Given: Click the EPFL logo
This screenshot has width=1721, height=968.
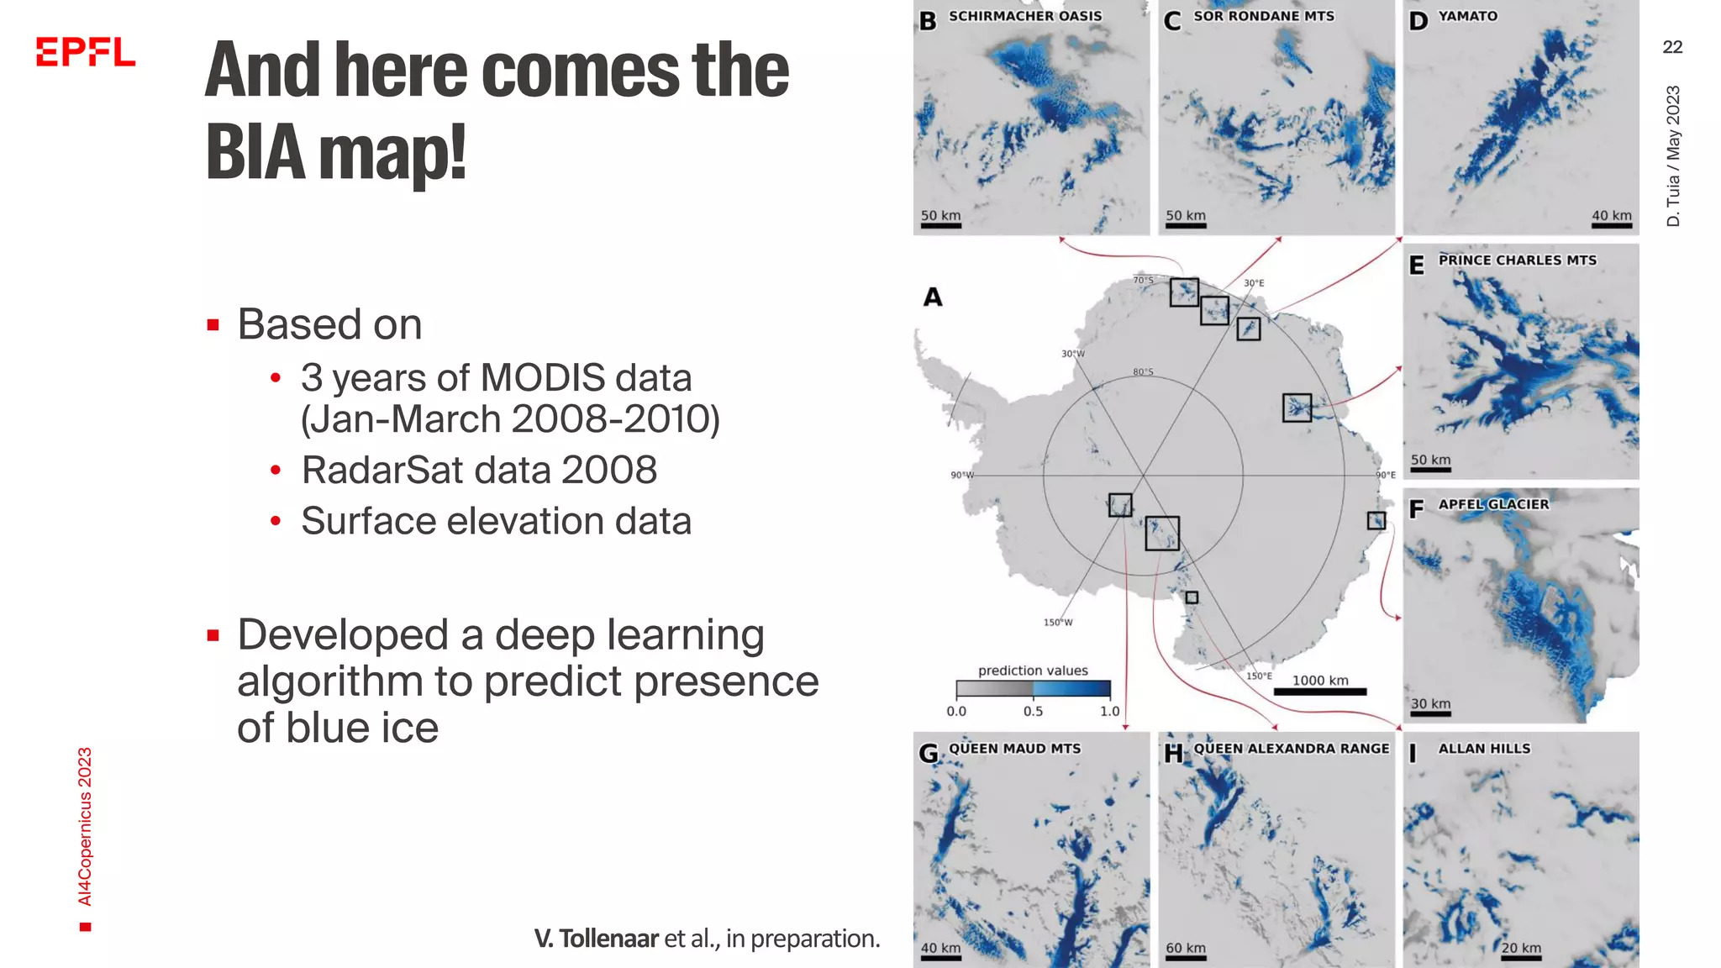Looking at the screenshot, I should [x=85, y=51].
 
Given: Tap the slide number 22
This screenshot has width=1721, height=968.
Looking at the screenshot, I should [x=1672, y=47].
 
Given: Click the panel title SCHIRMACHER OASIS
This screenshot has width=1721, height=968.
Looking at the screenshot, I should [x=1024, y=16].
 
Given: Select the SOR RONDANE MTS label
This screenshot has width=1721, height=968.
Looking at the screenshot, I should [x=1263, y=16].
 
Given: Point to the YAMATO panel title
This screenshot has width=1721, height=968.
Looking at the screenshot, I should [x=1467, y=16].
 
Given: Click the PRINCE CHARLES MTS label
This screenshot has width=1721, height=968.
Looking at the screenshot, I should [x=1517, y=260].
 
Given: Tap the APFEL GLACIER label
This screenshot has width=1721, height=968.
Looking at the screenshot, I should [x=1493, y=504].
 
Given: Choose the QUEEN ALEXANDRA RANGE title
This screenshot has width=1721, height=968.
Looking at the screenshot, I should [x=1291, y=749].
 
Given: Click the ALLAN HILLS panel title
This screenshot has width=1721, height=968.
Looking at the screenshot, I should [x=1484, y=749].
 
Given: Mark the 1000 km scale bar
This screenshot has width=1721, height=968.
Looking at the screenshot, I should [x=1319, y=692].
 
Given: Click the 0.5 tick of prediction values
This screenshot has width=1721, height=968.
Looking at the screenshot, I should [x=1033, y=711].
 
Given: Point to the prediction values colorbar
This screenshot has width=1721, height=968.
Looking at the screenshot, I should [x=1033, y=689].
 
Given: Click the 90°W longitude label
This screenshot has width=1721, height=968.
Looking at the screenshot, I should [x=961, y=475].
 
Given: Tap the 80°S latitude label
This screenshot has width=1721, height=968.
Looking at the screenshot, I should [x=1143, y=371].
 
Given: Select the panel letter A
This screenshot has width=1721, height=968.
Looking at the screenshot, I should [x=933, y=297].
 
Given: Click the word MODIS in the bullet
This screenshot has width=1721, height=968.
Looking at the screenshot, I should [x=543, y=378].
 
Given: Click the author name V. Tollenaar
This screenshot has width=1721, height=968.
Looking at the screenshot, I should [x=596, y=939].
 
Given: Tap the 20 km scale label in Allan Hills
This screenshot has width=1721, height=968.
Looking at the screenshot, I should [x=1521, y=948].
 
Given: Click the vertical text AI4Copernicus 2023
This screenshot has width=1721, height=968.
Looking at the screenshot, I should [x=85, y=827].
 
